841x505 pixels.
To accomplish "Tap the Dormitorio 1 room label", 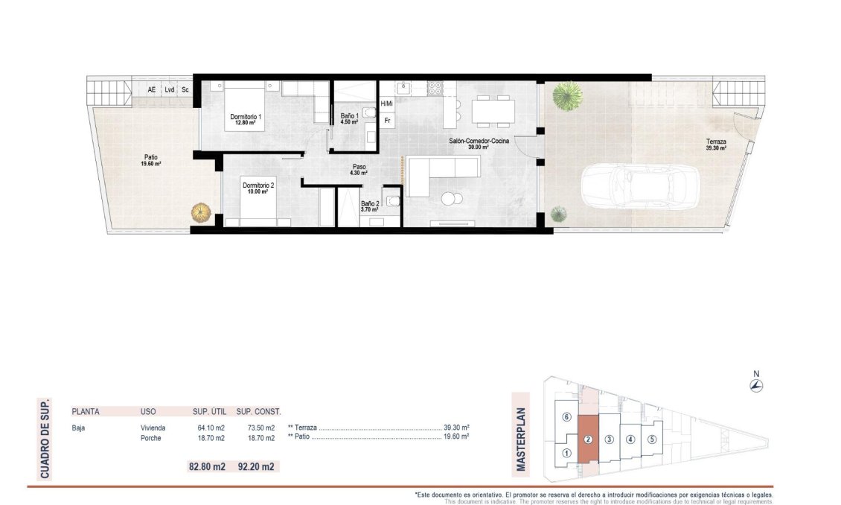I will pyautogui.click(x=246, y=118).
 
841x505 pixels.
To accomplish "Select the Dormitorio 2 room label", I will pyautogui.click(x=258, y=185).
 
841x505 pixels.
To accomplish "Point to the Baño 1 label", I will pyautogui.click(x=349, y=116).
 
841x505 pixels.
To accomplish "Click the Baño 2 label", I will pyautogui.click(x=370, y=203).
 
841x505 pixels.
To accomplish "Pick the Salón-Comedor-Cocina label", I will pyautogui.click(x=479, y=141).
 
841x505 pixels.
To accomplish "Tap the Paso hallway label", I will pyautogui.click(x=359, y=168).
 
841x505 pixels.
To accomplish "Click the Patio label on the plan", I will pyautogui.click(x=151, y=157).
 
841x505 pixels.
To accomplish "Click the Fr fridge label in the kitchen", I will pyautogui.click(x=388, y=120).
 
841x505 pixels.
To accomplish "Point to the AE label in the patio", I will pyautogui.click(x=152, y=89).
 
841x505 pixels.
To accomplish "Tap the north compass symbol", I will pyautogui.click(x=756, y=384).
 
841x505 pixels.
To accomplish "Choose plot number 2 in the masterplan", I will pyautogui.click(x=588, y=439).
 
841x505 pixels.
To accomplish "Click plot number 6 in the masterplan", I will pyautogui.click(x=566, y=417).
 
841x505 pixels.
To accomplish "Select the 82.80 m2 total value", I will pyautogui.click(x=207, y=467).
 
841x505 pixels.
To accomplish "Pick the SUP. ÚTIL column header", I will pyautogui.click(x=208, y=411).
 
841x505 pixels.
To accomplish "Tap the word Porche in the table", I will pyautogui.click(x=150, y=438).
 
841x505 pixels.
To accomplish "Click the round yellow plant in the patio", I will pyautogui.click(x=201, y=213).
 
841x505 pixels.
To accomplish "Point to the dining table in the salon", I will pyautogui.click(x=492, y=111).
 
